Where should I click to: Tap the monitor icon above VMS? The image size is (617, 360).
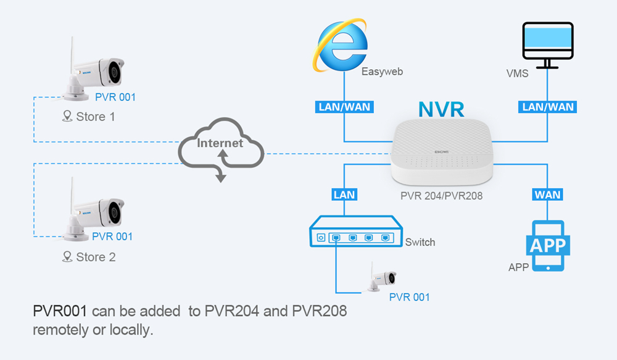[x=547, y=44]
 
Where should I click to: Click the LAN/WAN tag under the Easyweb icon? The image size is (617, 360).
[x=344, y=107]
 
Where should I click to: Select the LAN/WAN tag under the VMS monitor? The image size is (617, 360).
[x=549, y=107]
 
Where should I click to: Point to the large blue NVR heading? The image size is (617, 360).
[x=441, y=109]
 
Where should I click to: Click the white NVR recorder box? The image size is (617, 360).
[x=442, y=154]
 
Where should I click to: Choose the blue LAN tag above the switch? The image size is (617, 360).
[x=344, y=195]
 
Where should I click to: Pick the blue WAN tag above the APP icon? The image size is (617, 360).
[x=548, y=195]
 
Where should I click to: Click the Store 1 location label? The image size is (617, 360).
[x=89, y=116]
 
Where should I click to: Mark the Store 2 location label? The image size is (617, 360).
[x=89, y=257]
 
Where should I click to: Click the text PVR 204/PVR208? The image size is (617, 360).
[x=442, y=196]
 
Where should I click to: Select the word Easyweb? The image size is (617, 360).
[x=382, y=72]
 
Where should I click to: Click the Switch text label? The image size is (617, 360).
[x=420, y=242]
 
